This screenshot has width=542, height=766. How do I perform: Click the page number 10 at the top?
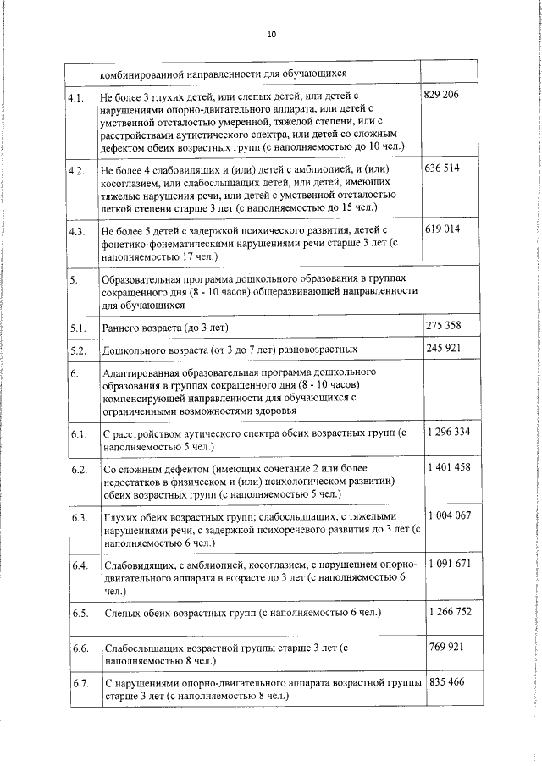[x=270, y=35]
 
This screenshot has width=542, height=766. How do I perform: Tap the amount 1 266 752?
[x=450, y=612]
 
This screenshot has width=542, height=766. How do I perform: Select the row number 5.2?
[x=77, y=349]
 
